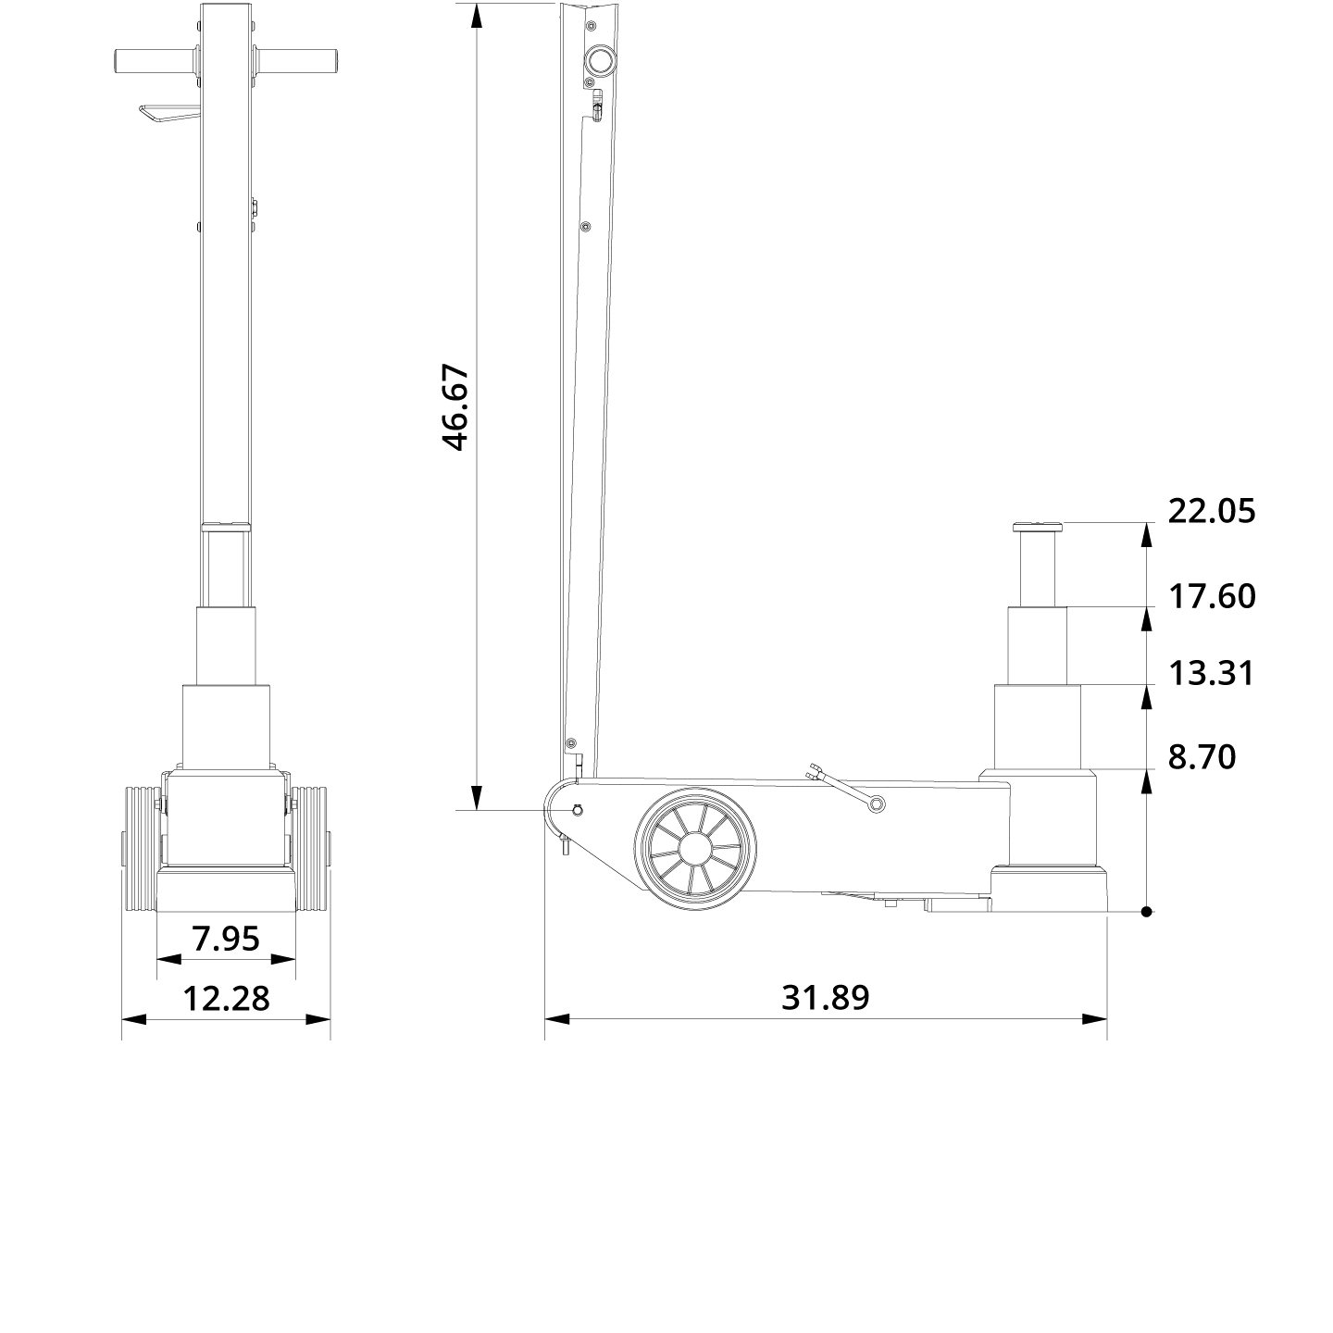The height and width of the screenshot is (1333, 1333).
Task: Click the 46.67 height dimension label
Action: point(455,407)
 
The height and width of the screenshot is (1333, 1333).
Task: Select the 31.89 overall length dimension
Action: point(825,997)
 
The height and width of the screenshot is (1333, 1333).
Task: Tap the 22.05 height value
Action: point(1211,511)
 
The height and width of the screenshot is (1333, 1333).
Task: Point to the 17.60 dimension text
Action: point(1211,596)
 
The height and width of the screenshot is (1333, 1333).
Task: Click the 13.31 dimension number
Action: point(1210,673)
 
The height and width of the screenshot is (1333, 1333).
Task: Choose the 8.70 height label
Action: point(1201,757)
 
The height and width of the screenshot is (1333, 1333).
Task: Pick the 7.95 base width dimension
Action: point(226,939)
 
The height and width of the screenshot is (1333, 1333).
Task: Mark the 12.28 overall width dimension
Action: point(226,998)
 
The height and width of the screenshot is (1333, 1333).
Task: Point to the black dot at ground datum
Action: point(1146,912)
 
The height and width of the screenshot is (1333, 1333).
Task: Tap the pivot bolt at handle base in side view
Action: point(577,811)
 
